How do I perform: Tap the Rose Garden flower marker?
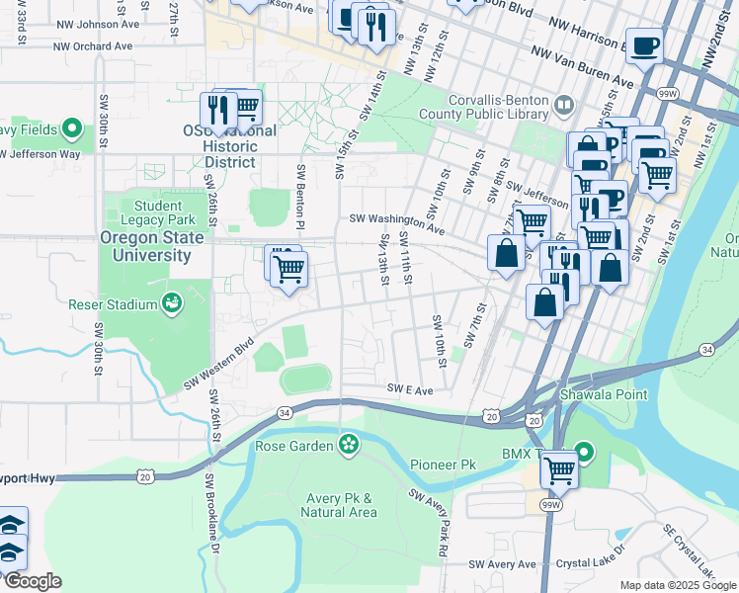348,445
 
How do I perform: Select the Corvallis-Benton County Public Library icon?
564,104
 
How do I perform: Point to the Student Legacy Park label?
151,212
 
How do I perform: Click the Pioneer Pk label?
443,464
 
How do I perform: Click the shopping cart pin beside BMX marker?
559,467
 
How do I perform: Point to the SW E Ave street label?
410,389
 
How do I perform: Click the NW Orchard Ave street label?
93,46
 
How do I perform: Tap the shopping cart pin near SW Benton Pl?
289,268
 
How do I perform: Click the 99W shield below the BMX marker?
551,505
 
